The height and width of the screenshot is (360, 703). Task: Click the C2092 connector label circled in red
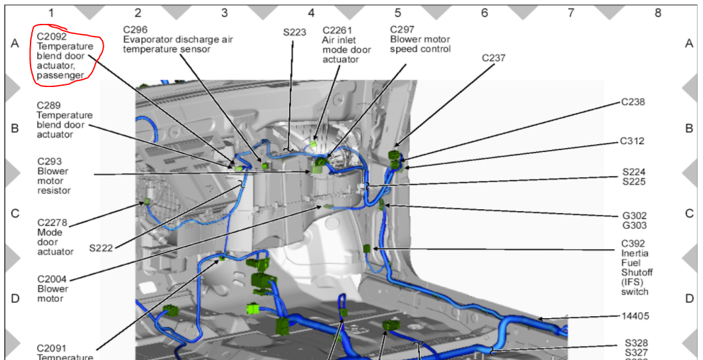[51, 37]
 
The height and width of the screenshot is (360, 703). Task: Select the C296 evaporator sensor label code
[136, 29]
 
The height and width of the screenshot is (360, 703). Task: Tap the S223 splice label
[294, 31]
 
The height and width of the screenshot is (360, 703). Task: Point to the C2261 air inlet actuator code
[338, 30]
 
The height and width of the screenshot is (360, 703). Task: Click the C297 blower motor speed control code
[402, 29]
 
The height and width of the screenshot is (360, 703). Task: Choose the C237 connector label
[494, 58]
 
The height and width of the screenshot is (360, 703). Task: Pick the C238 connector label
[633, 102]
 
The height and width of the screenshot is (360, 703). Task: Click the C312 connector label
[633, 141]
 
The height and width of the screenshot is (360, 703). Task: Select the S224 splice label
[634, 172]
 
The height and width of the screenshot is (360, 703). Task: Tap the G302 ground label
[634, 216]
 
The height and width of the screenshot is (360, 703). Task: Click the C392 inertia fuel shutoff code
[633, 244]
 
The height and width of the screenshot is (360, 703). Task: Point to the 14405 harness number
[635, 316]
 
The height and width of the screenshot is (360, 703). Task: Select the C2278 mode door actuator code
[52, 223]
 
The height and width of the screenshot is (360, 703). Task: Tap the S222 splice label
[101, 248]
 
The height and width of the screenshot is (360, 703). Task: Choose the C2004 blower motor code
[52, 279]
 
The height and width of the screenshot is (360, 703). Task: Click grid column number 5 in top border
[397, 12]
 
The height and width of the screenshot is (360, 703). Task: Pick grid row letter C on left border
[15, 214]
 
